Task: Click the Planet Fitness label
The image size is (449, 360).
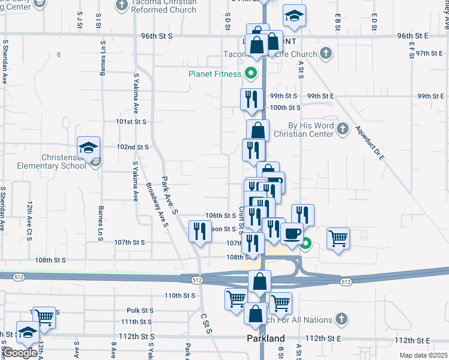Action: [x=214, y=74]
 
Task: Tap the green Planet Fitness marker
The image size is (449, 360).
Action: [x=251, y=75]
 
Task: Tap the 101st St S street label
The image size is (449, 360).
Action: [x=131, y=121]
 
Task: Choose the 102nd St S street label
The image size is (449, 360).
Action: [x=132, y=147]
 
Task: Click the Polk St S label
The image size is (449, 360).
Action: [x=141, y=310]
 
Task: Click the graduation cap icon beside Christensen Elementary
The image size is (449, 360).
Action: [x=88, y=146]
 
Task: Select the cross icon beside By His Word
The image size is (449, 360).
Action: [x=342, y=128]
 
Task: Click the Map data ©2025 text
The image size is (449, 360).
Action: [x=423, y=356]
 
